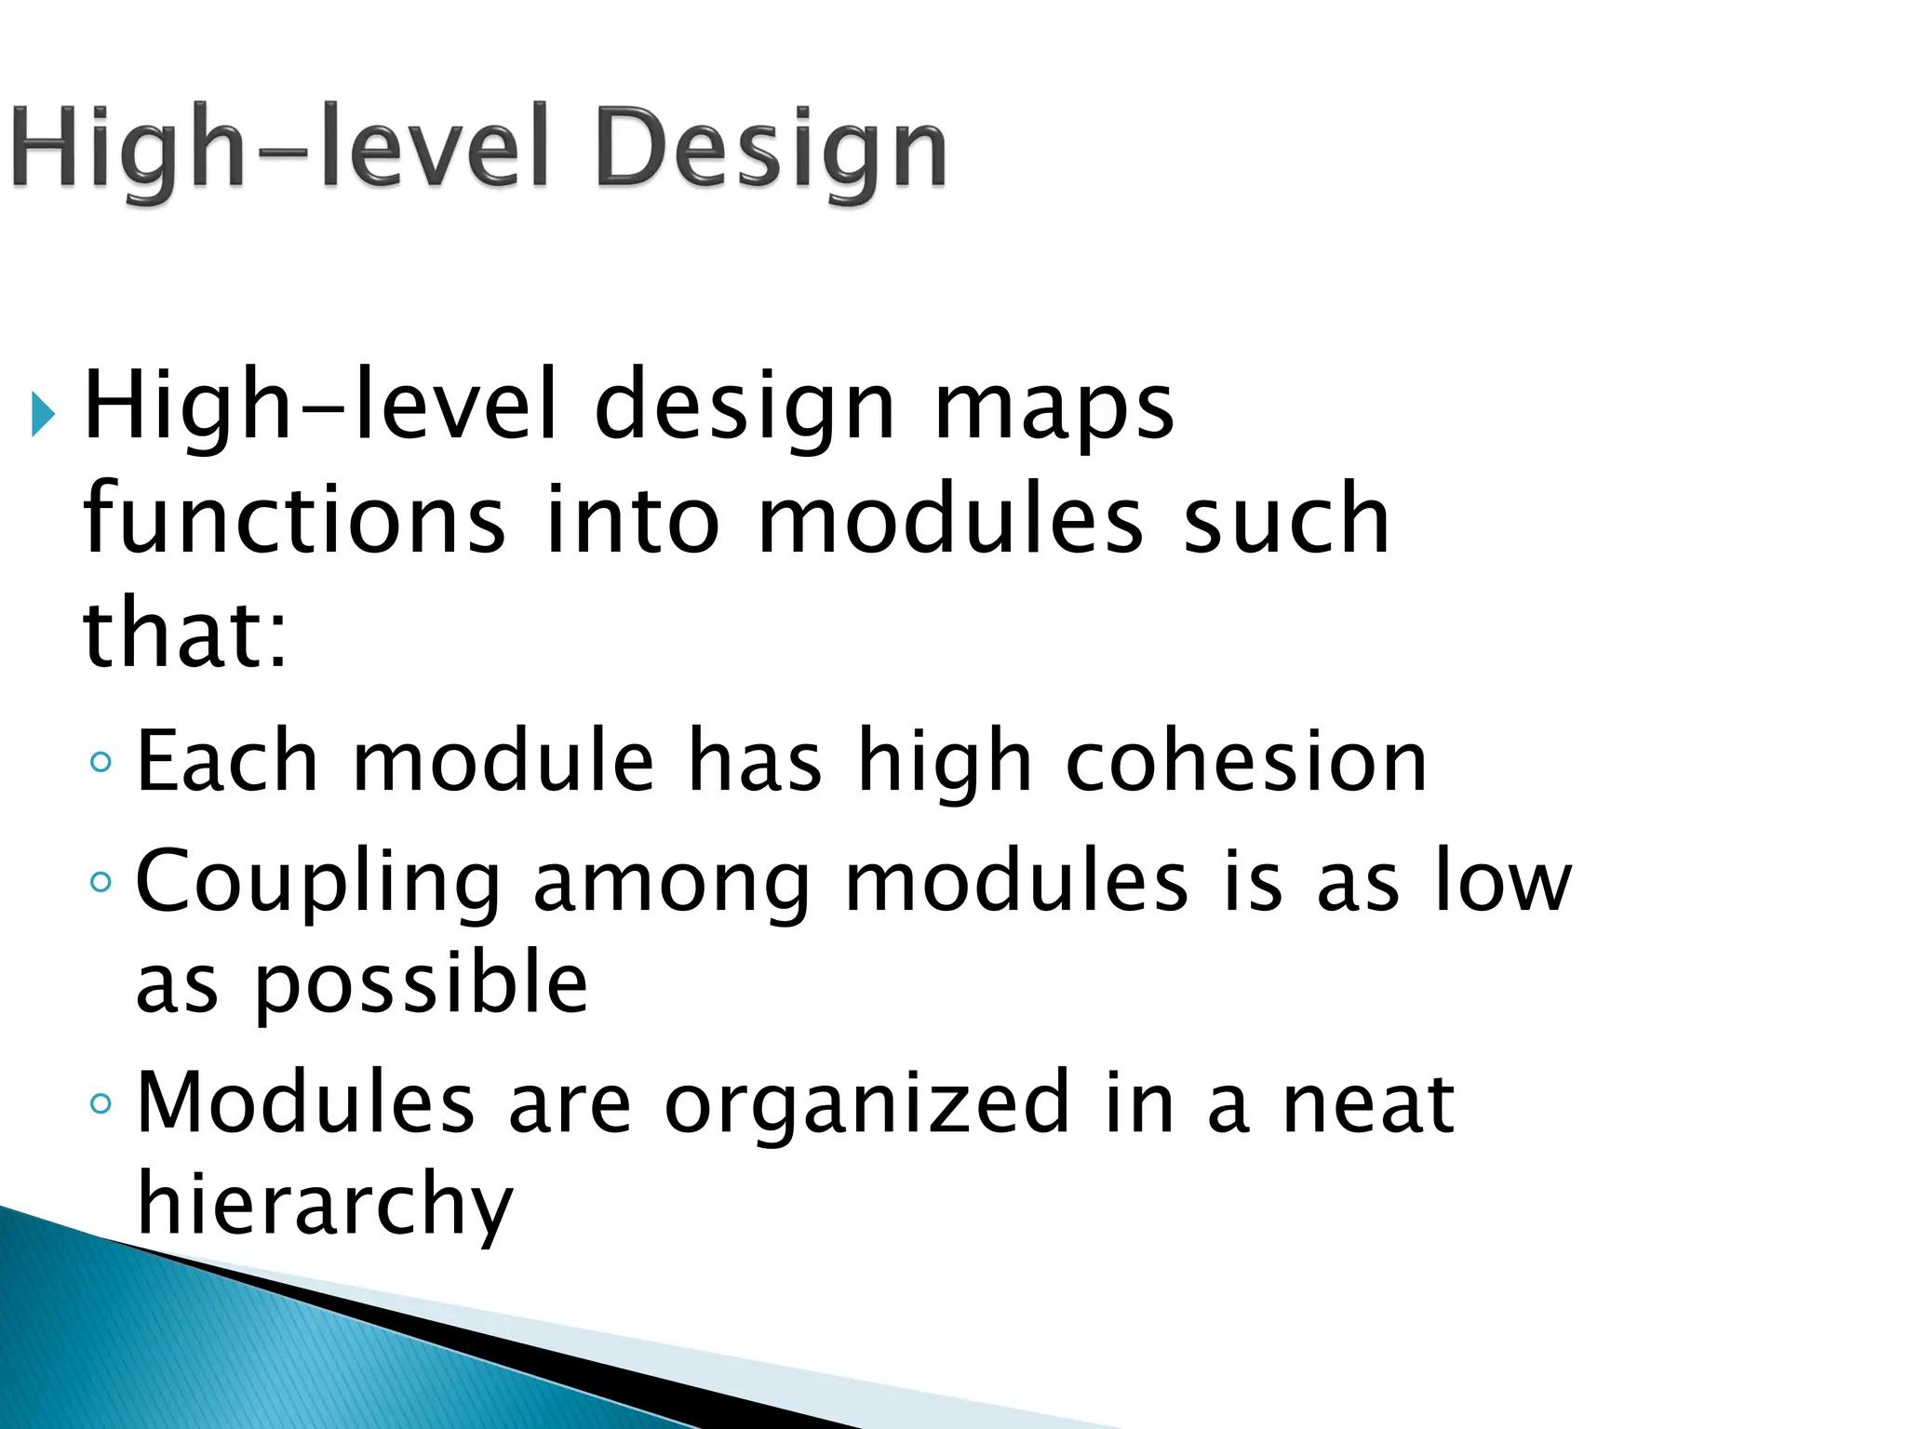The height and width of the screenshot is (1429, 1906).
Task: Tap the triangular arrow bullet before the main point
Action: click(x=43, y=414)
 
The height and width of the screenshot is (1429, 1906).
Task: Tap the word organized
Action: click(x=867, y=1105)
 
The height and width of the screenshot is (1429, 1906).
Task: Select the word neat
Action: click(x=1368, y=1105)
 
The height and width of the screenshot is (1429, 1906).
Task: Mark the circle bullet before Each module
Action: click(x=101, y=763)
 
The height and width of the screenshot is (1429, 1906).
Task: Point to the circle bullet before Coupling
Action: click(x=101, y=881)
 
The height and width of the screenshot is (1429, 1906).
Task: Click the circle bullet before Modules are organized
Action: click(x=101, y=1104)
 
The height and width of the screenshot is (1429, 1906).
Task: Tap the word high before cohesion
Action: click(x=944, y=763)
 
